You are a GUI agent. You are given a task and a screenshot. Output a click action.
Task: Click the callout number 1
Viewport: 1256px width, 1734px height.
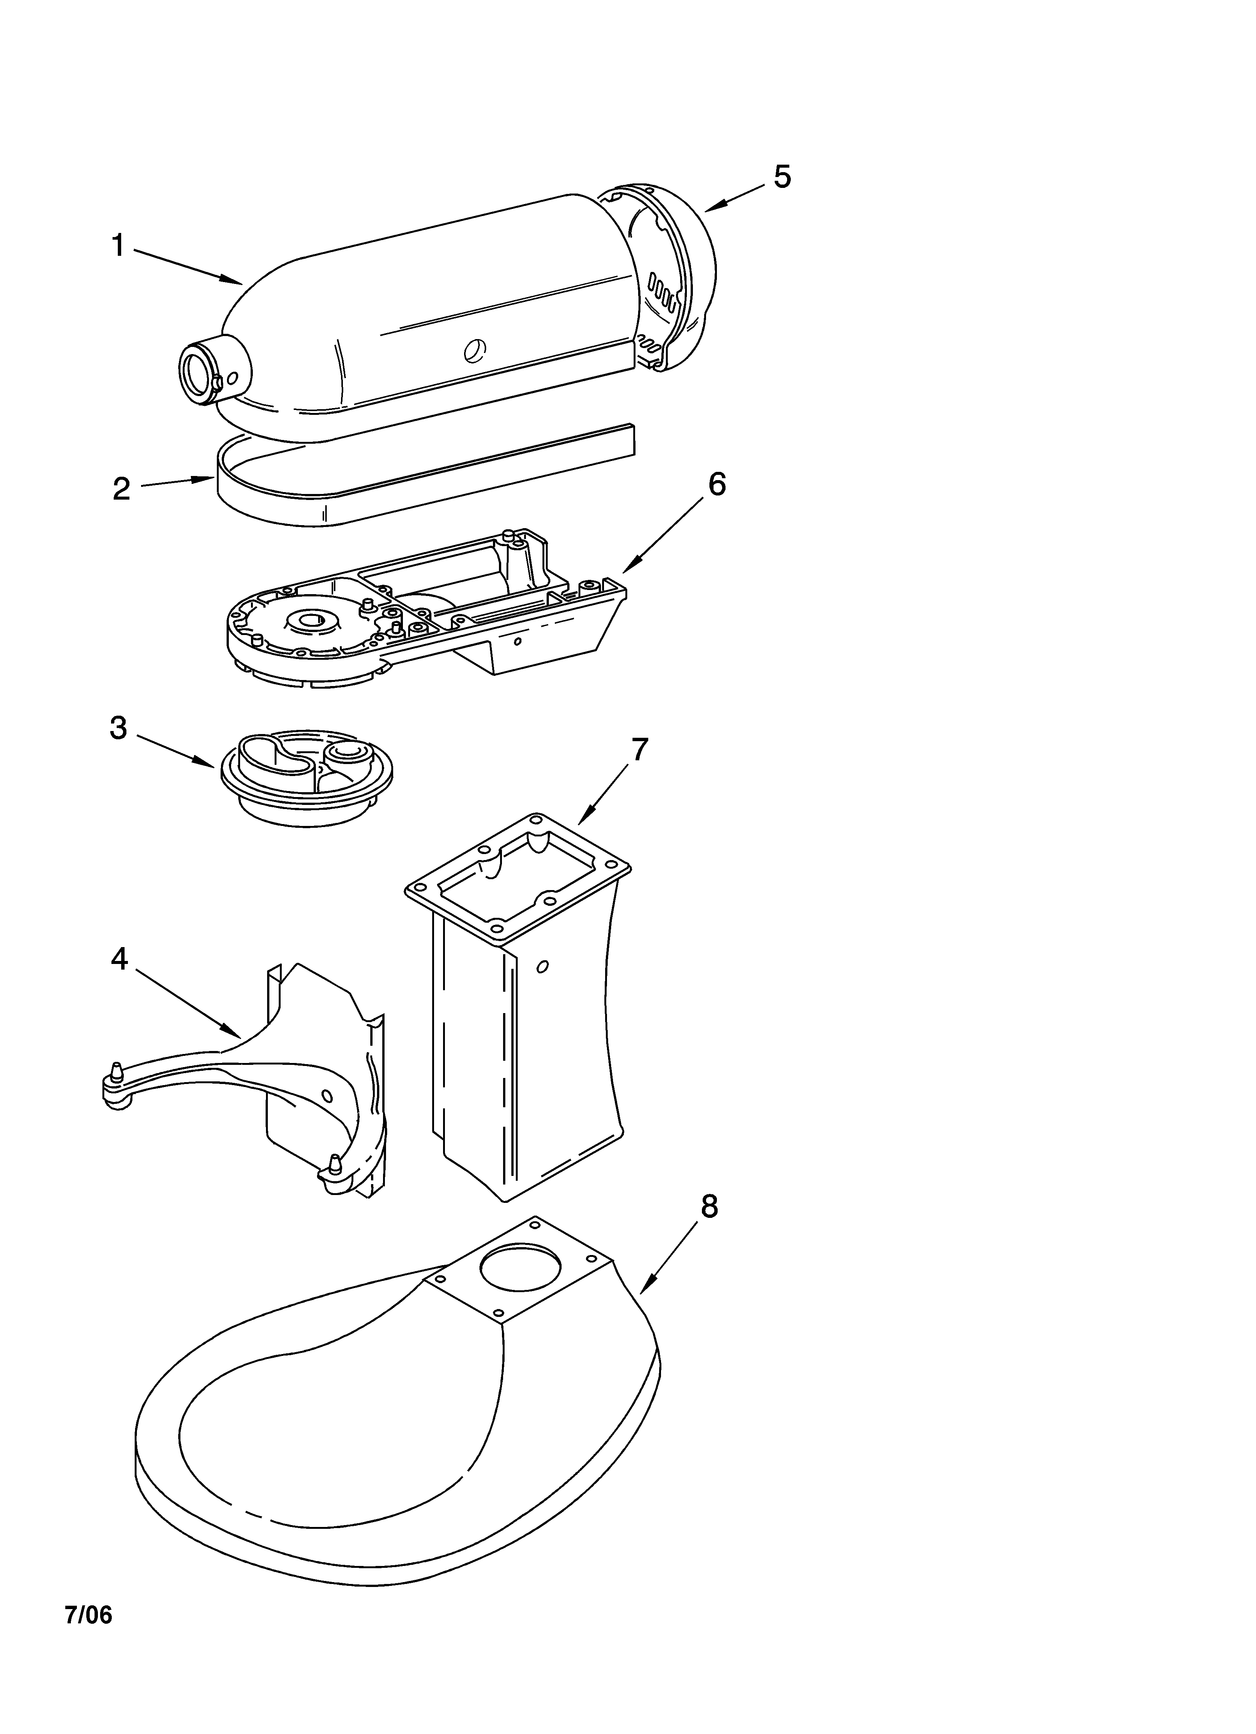[x=118, y=246]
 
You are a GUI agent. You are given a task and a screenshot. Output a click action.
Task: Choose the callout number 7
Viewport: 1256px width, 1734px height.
[x=640, y=750]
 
